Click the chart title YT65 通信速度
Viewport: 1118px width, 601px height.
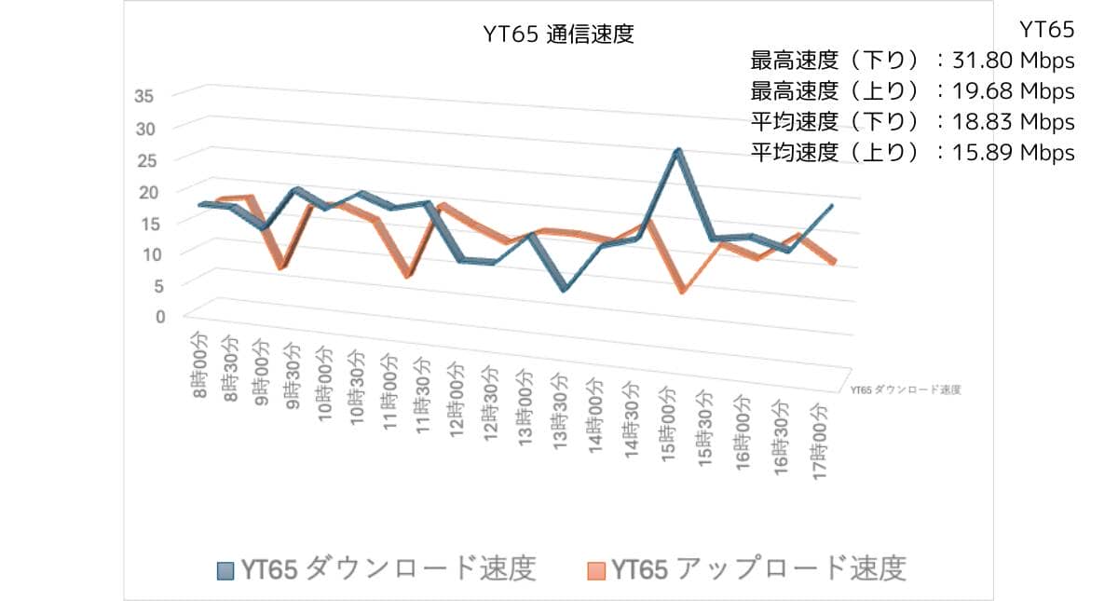558,35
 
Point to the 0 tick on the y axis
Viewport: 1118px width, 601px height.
159,316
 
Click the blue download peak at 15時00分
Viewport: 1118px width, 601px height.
678,151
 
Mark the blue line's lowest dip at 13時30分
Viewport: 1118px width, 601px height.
563,290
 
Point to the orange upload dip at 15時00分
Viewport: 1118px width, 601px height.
683,292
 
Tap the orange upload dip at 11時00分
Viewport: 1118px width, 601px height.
407,276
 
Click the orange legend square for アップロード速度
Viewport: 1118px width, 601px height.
596,569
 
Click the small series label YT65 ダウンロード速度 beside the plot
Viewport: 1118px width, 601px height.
905,389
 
